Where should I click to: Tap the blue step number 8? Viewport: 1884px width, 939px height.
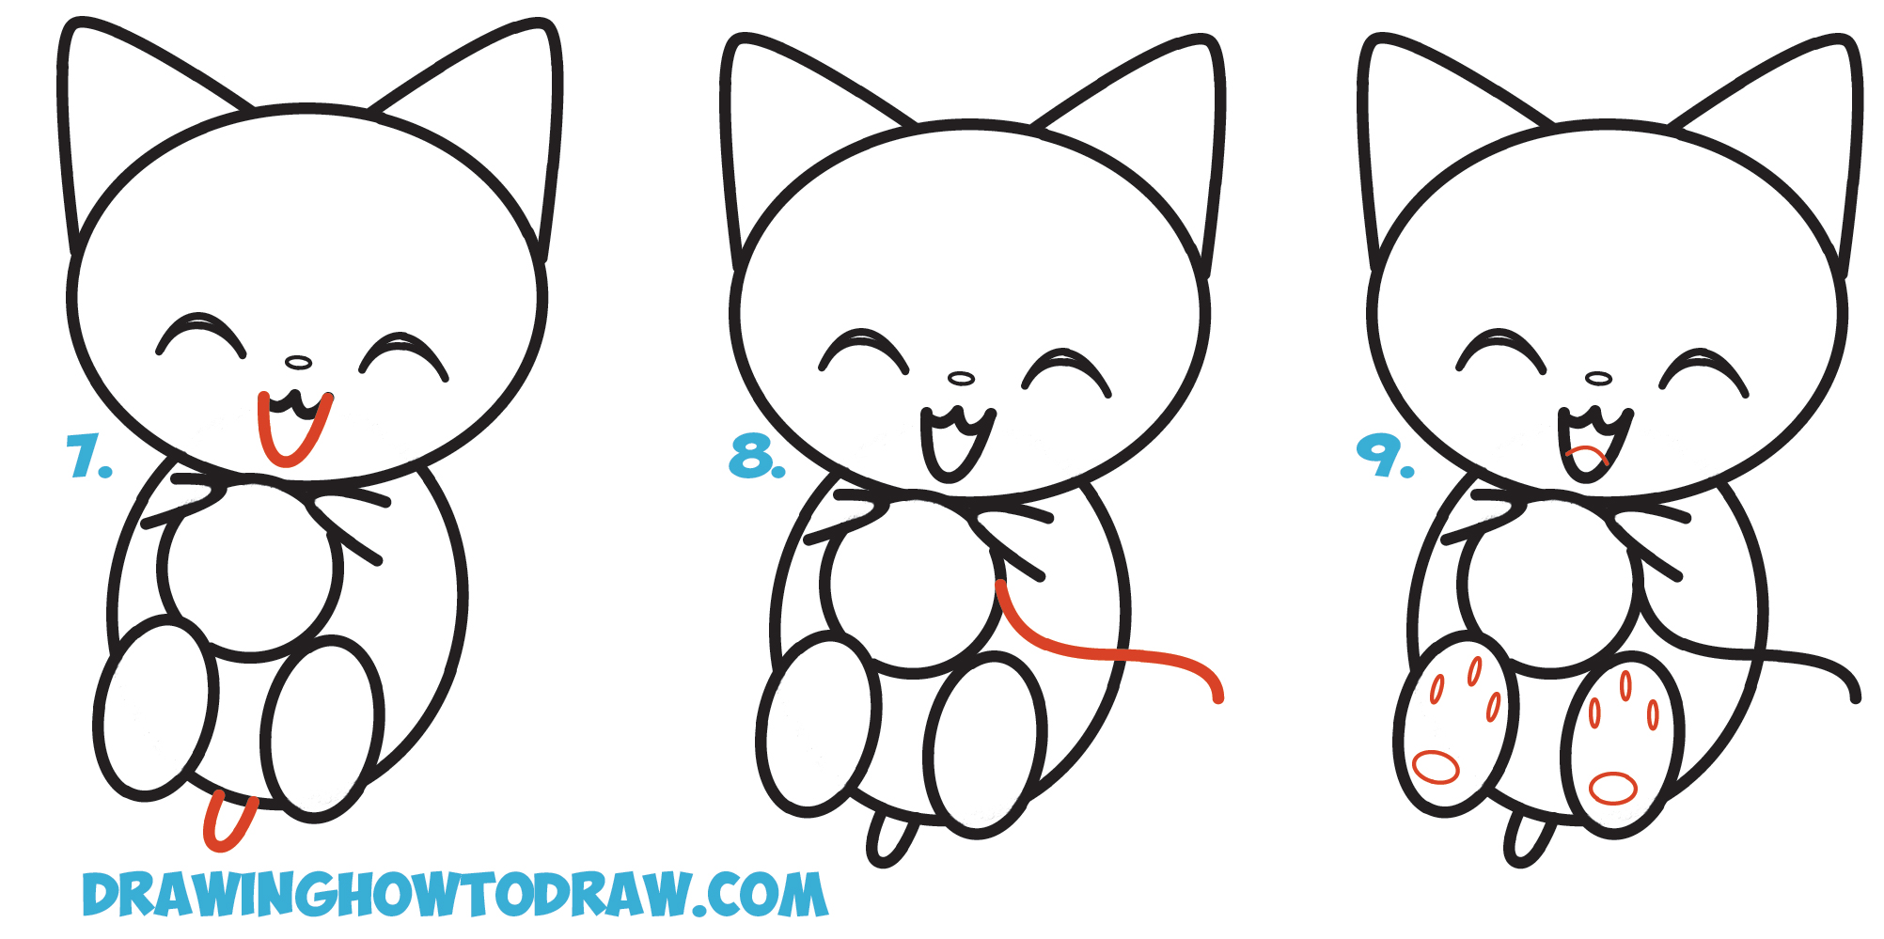(755, 458)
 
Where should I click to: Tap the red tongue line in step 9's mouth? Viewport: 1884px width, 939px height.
(1589, 452)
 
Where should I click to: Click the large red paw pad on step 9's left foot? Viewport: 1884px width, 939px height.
(1436, 768)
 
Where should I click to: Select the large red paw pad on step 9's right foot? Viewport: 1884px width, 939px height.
(1613, 788)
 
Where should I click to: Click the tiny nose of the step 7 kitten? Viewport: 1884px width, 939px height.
(298, 363)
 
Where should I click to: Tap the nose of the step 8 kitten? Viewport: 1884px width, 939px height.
(961, 378)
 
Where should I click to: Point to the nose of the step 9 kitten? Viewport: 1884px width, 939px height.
(1598, 379)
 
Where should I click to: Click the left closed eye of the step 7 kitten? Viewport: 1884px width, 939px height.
(200, 331)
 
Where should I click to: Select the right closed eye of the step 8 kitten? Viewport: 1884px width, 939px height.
(1066, 365)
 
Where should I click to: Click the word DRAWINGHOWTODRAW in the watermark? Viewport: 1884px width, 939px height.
(385, 895)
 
